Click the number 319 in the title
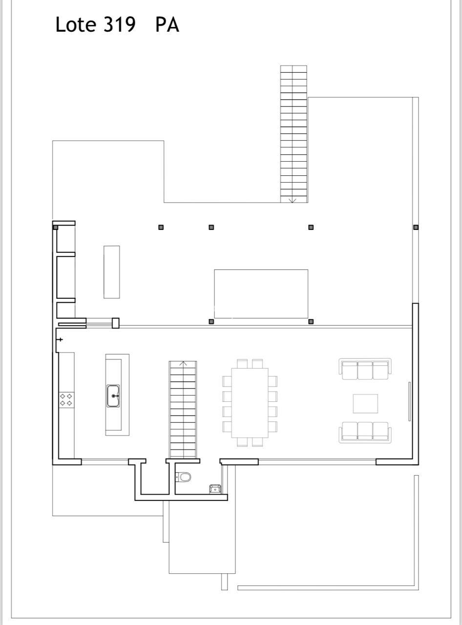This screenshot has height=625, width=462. (120, 24)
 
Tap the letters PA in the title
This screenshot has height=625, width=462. (167, 24)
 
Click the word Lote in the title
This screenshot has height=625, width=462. (76, 24)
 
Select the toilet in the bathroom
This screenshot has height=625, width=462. (184, 477)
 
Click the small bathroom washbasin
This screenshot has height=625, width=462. (215, 489)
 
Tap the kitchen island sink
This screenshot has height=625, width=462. (113, 396)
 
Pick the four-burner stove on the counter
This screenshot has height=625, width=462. (66, 400)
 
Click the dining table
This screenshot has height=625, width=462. (250, 403)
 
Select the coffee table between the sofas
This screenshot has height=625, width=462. (365, 403)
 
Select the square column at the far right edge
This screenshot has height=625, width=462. (416, 227)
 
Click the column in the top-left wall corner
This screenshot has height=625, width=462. (56, 227)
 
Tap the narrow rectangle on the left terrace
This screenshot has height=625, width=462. (112, 272)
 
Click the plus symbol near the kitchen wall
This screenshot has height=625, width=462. (60, 339)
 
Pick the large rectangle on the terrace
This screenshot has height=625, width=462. (261, 294)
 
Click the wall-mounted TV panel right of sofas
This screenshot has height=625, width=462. (410, 401)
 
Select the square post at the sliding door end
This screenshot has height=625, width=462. (116, 323)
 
